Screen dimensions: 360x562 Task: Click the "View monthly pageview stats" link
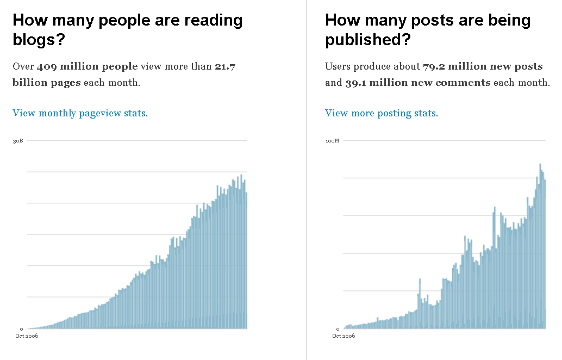[79, 113]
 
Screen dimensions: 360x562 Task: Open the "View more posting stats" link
[380, 113]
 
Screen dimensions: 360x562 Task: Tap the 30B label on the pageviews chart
[18, 141]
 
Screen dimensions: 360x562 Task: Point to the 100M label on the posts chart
[332, 141]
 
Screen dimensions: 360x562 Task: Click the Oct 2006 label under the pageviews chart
[26, 336]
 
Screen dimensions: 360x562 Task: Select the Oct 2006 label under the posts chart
[344, 336]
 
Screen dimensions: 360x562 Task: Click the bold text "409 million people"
[87, 67]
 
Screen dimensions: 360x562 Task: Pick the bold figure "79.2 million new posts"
[483, 67]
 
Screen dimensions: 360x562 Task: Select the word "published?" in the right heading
[368, 40]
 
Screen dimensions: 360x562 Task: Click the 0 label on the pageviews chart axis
[22, 329]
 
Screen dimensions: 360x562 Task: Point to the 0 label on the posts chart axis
[338, 329]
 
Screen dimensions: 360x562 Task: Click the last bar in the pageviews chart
[246, 261]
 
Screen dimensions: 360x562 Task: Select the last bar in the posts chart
[544, 256]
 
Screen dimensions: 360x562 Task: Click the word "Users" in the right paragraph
[337, 67]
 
